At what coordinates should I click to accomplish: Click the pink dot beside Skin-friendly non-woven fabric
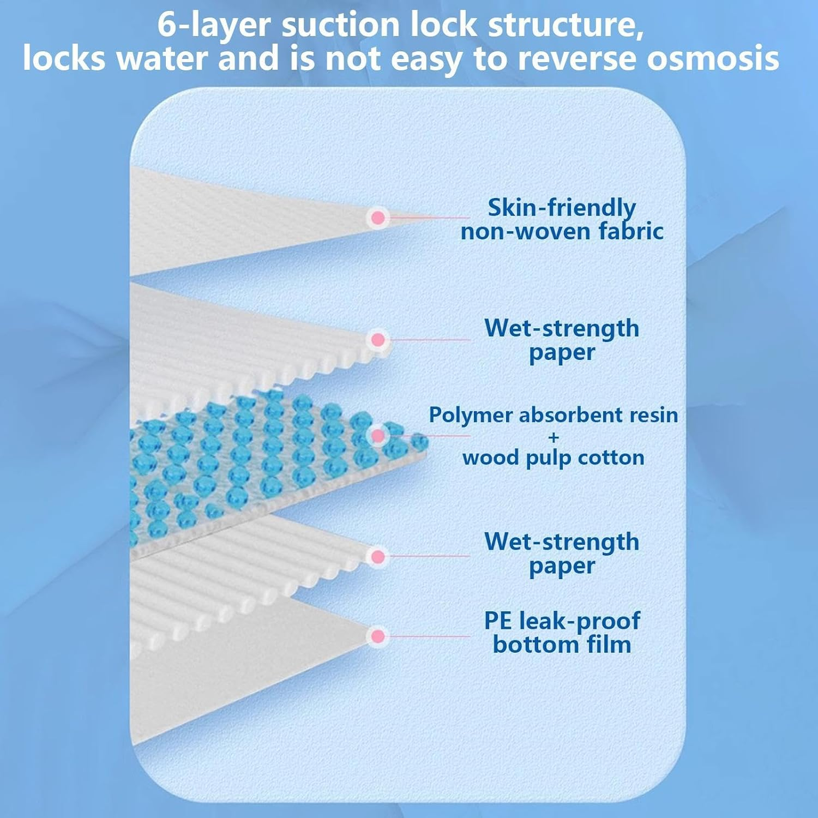click(x=377, y=218)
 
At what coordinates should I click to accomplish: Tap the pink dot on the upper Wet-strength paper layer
click(x=377, y=340)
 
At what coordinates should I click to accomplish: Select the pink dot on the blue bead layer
click(x=377, y=436)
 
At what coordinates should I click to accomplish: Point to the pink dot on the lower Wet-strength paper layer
click(x=377, y=557)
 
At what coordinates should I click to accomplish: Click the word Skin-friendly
click(x=561, y=208)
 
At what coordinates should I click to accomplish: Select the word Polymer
click(x=471, y=416)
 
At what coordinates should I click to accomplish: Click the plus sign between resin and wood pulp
click(x=554, y=437)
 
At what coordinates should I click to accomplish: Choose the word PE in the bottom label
click(x=498, y=621)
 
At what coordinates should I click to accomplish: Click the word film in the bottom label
click(x=609, y=645)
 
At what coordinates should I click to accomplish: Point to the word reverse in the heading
click(x=576, y=59)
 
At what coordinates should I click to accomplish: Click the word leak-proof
click(x=579, y=621)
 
